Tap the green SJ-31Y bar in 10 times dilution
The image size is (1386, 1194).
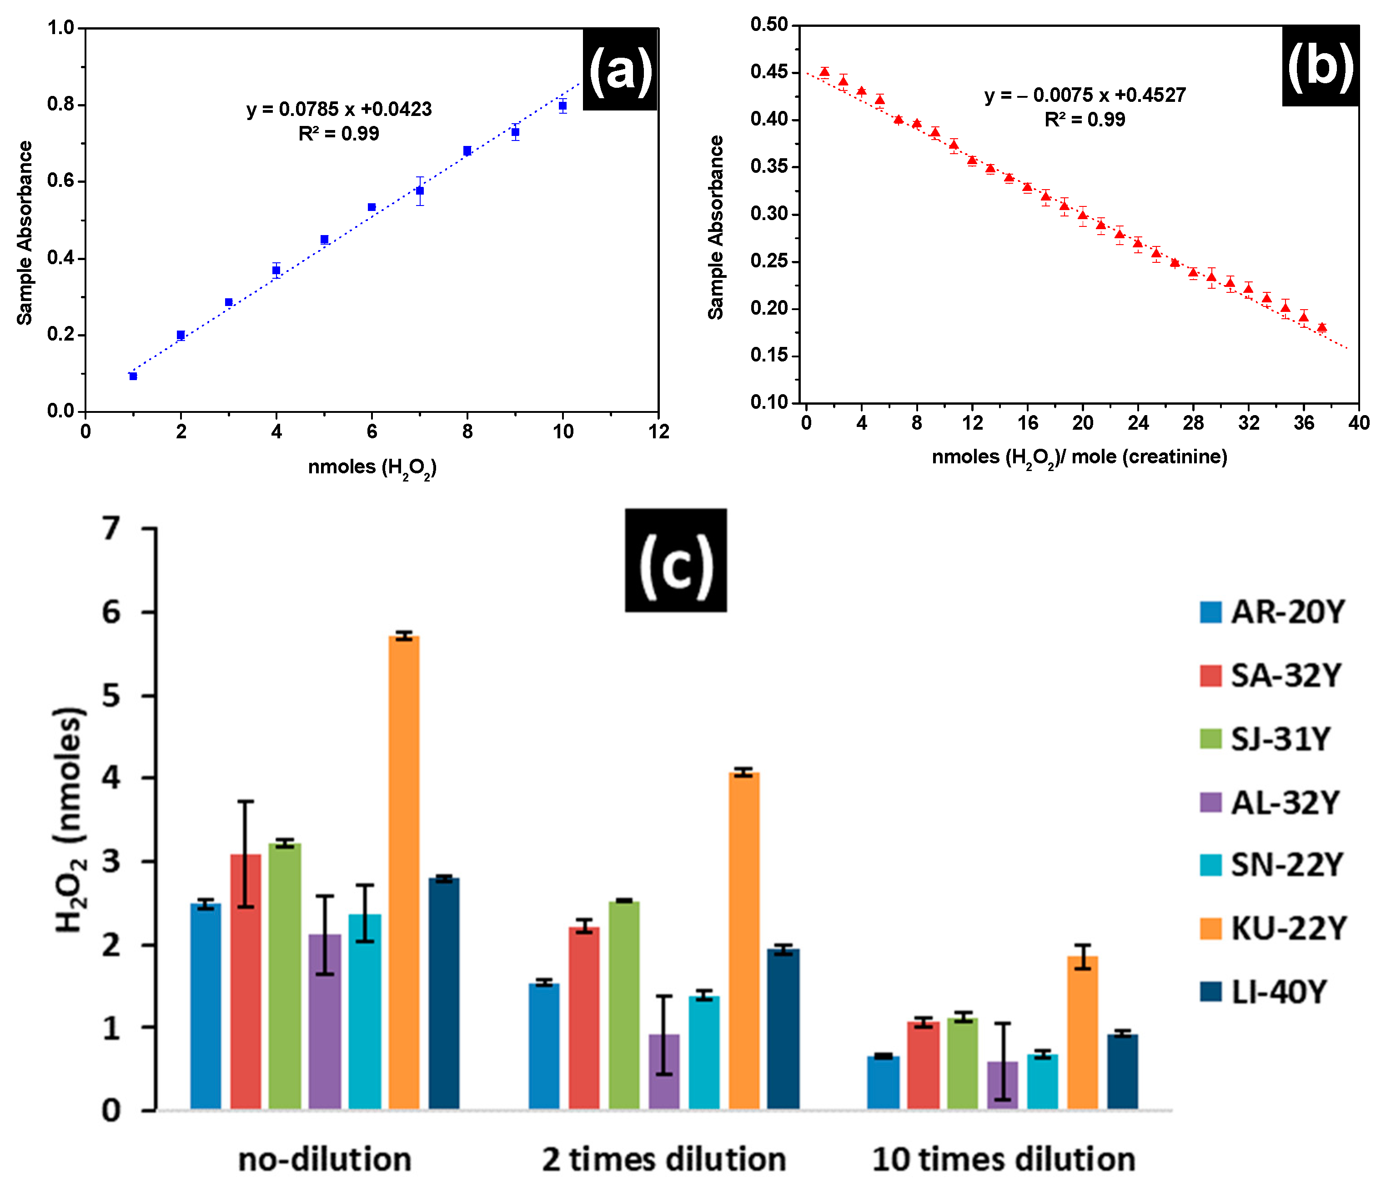point(963,1064)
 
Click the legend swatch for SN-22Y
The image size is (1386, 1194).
point(1211,865)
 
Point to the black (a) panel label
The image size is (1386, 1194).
point(620,70)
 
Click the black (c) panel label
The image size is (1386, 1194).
point(676,561)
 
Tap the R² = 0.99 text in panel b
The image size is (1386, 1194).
point(1085,120)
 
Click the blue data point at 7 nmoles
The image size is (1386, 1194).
point(419,191)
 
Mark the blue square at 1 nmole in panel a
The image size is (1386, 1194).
point(133,376)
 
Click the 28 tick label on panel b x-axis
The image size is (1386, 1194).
point(1193,423)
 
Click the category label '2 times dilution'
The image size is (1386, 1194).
point(663,1159)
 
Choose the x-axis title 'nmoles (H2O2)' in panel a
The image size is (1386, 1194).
point(372,467)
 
